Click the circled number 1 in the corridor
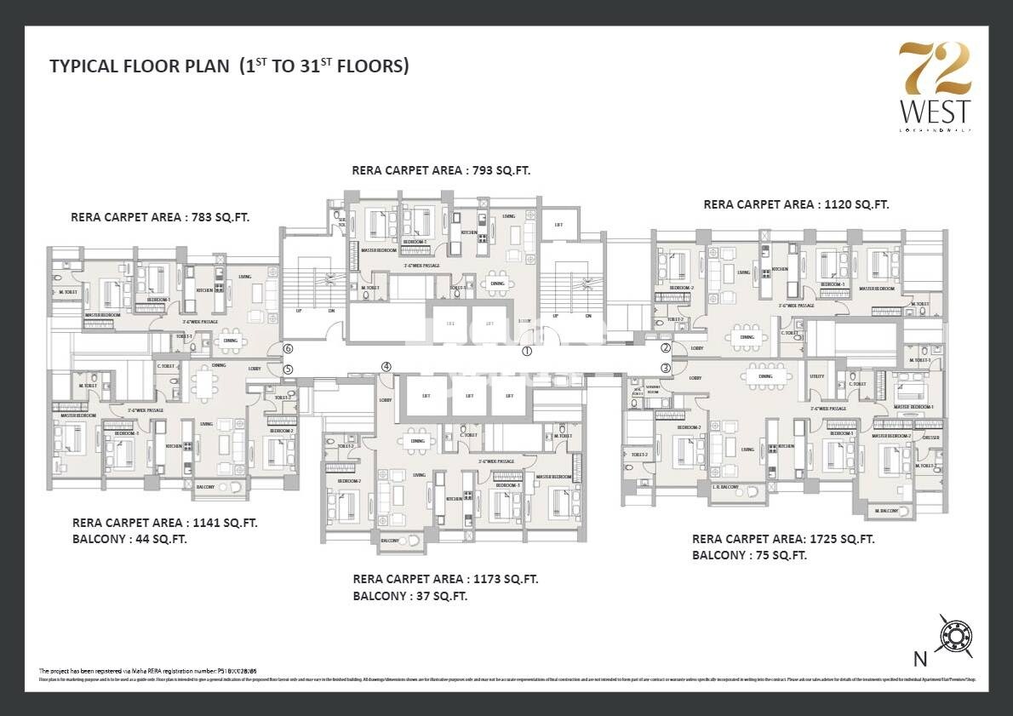(x=527, y=351)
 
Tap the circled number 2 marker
(x=666, y=347)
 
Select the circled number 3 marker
(x=666, y=367)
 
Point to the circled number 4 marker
(x=386, y=367)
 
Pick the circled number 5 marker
(x=288, y=369)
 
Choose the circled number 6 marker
(x=288, y=349)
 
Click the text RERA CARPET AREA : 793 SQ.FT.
(x=441, y=170)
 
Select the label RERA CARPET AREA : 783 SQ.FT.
(x=160, y=217)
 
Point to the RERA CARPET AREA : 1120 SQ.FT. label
(x=796, y=204)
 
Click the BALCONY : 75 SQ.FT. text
(x=749, y=555)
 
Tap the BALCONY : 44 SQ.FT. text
(x=129, y=539)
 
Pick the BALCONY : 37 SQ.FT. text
(x=410, y=596)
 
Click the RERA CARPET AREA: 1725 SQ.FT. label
(x=783, y=539)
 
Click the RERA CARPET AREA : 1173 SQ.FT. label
(x=445, y=579)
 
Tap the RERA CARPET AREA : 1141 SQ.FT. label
(x=165, y=523)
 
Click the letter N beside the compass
(x=919, y=657)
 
